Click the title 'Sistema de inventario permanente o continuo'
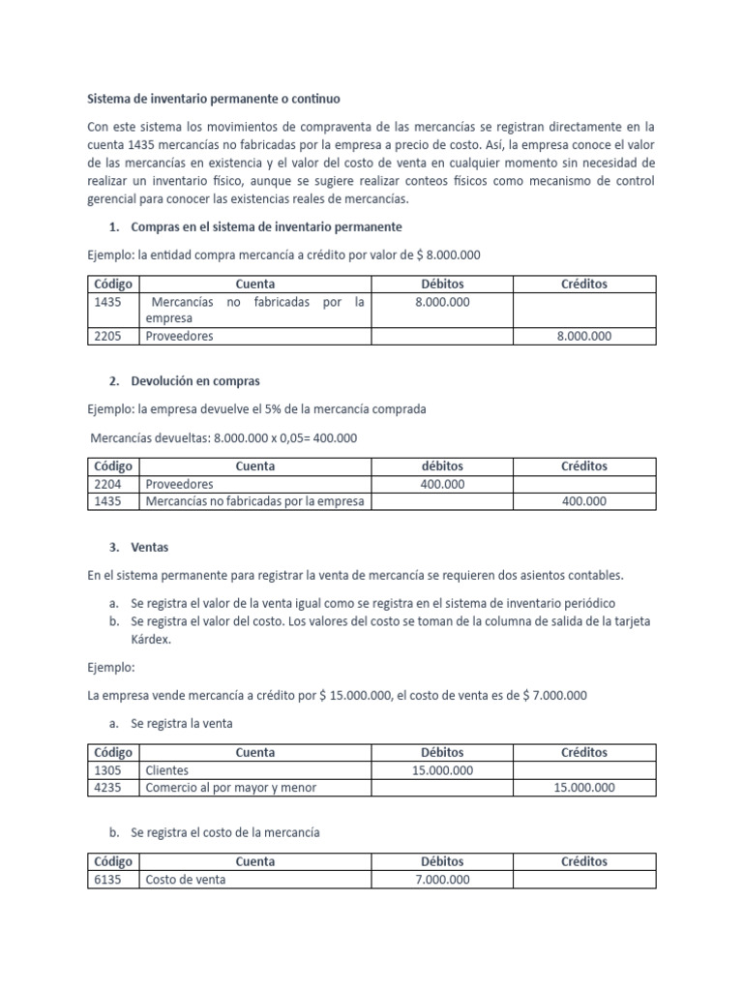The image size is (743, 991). point(214,99)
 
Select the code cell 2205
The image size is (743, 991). point(107,336)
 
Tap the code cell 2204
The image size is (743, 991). point(107,484)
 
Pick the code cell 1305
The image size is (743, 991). point(107,770)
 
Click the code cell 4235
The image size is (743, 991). point(107,788)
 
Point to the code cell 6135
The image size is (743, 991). point(107,880)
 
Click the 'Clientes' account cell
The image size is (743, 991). point(167,770)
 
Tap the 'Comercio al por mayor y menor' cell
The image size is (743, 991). point(230,788)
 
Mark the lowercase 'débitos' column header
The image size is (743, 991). point(442,466)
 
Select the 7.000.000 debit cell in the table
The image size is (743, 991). point(442,880)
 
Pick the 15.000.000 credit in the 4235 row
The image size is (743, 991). point(583,788)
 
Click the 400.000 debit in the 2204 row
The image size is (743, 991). point(442,484)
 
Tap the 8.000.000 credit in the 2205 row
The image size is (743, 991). point(583,336)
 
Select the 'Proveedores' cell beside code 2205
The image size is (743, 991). point(179,336)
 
